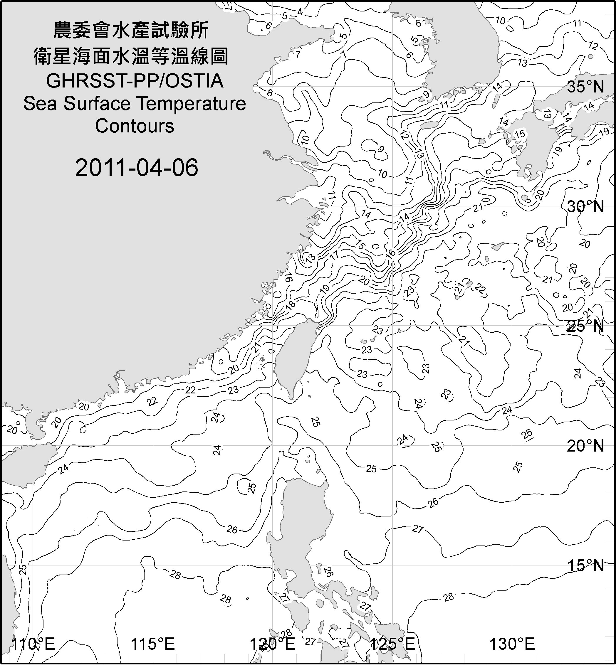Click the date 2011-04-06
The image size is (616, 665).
pos(137,168)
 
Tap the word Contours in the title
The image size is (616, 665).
pos(135,126)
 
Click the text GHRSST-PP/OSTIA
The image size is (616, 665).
pos(135,81)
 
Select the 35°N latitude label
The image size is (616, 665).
pos(585,87)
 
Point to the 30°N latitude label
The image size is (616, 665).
pos(585,207)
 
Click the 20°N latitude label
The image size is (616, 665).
pos(585,446)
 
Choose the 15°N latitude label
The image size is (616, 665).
pos(585,565)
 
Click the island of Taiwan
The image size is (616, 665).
pos(293,356)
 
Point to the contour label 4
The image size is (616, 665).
pos(300,12)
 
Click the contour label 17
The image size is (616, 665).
pos(334,255)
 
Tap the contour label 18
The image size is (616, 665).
pos(290,304)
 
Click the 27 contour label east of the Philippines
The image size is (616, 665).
pos(418,529)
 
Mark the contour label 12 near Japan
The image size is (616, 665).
pos(593,46)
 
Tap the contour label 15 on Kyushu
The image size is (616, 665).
pos(520,134)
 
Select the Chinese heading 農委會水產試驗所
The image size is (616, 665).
pos(131,31)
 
